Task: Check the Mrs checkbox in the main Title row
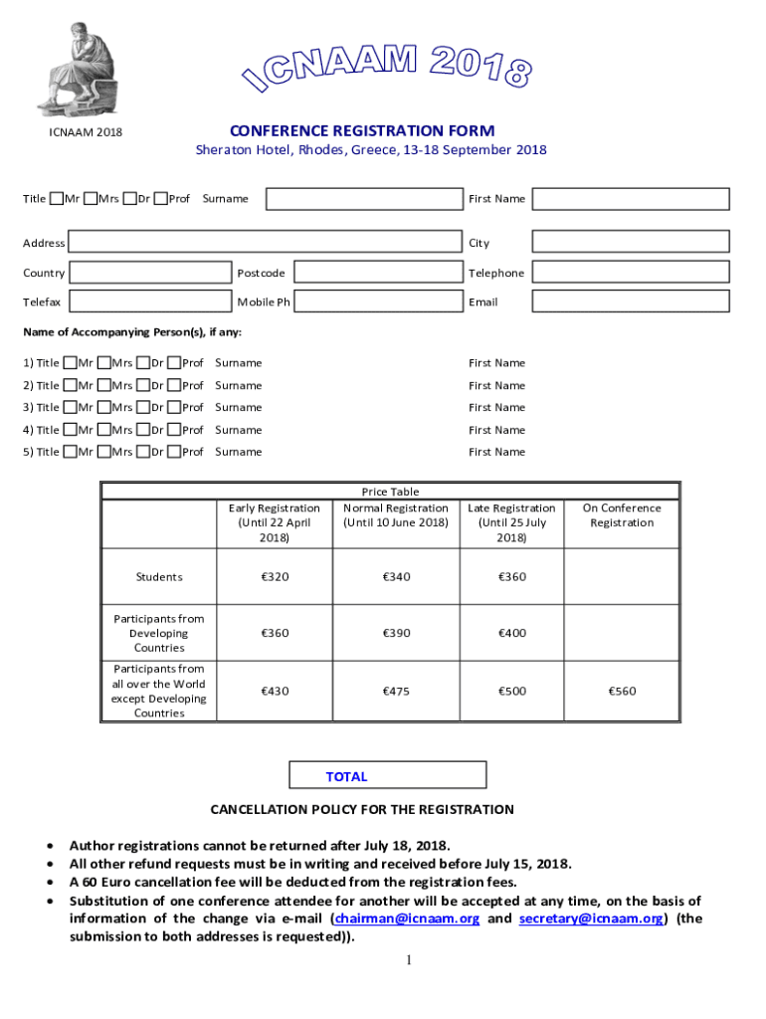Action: (91, 198)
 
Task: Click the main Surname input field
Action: (364, 199)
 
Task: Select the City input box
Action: (630, 242)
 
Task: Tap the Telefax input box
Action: (150, 302)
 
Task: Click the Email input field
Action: (630, 302)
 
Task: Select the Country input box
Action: (150, 273)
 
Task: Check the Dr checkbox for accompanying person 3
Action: (143, 408)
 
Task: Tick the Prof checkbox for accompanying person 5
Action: (174, 453)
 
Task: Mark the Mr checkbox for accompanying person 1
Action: (70, 363)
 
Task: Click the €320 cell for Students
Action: (275, 577)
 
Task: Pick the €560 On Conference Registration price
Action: (622, 692)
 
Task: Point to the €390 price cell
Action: (396, 633)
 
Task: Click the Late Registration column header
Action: (511, 522)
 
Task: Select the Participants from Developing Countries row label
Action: (159, 633)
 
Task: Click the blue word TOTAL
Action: (346, 777)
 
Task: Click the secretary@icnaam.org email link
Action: (590, 918)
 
